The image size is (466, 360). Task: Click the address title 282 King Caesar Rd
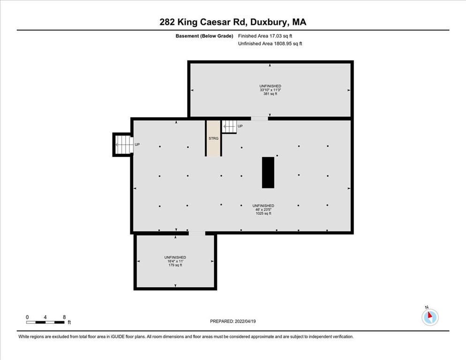[233, 22]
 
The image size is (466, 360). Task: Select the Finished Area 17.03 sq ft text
[265, 36]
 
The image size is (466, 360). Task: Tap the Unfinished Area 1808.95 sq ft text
[270, 44]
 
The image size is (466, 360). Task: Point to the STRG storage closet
[213, 138]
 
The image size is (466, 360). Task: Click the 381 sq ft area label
[270, 94]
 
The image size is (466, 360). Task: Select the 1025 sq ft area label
[263, 213]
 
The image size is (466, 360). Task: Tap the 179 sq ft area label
[175, 265]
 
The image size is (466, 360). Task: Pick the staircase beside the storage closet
[229, 127]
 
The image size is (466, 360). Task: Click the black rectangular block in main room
[268, 172]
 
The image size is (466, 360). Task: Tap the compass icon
[429, 317]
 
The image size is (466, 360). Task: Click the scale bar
[45, 322]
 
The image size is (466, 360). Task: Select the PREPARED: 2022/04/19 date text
[233, 321]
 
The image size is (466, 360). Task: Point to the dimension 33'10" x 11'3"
[270, 90]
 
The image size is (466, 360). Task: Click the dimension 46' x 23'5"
[263, 210]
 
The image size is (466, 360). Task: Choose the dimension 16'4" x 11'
[175, 262]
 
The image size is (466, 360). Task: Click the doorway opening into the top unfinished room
[259, 119]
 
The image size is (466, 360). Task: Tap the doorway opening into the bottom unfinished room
[197, 233]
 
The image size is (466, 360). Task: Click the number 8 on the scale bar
[64, 317]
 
